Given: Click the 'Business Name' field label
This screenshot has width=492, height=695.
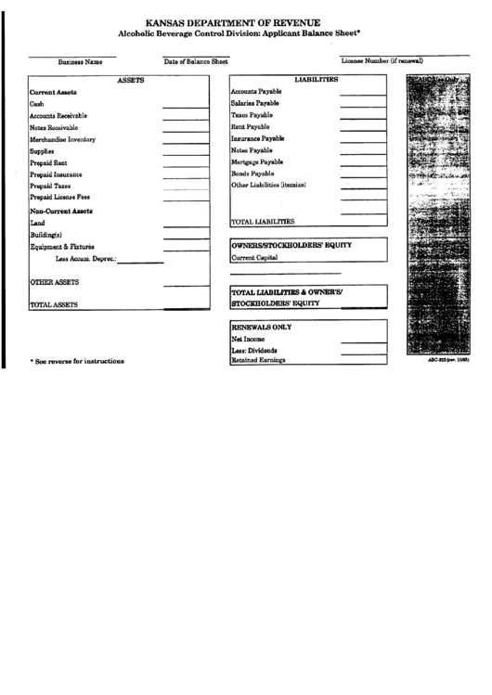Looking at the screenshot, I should (80, 62).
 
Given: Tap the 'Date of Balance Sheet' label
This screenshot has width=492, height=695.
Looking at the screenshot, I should (196, 61).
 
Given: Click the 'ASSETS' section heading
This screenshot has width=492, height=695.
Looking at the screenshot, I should (130, 81).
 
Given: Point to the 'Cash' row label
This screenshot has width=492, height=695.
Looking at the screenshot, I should (37, 104).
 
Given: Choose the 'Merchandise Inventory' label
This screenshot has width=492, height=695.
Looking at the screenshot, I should (62, 139).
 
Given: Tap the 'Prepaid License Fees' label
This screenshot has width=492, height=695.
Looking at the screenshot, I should (59, 197).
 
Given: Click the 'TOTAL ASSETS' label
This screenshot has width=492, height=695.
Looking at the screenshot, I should (53, 303).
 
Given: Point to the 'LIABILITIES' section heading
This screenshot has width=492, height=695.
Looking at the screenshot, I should (316, 80).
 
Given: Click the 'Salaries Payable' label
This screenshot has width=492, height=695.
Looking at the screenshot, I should (254, 103).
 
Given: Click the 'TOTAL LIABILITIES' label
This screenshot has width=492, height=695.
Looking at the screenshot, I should (263, 222).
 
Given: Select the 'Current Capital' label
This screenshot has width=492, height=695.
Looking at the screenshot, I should (255, 257).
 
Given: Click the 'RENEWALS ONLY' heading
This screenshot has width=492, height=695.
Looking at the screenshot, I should (261, 328).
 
